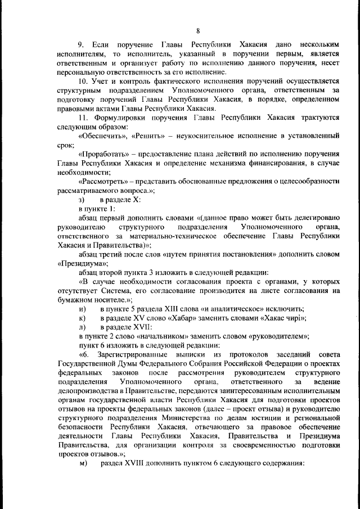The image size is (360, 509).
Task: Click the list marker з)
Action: pos(82,200)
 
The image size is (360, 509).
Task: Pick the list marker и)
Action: pos(82,309)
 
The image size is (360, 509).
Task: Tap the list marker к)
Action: pos(82,318)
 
